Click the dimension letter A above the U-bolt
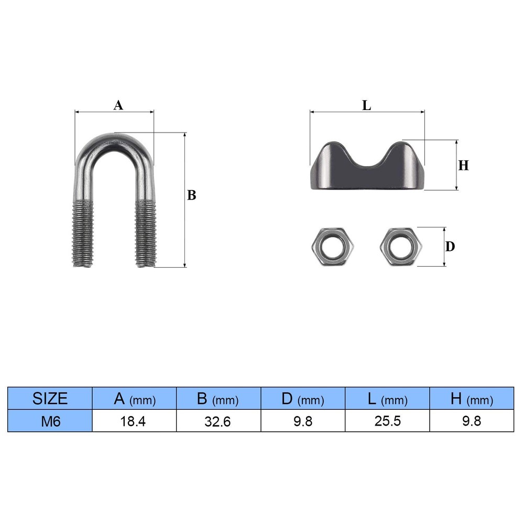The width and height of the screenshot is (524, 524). click(118, 105)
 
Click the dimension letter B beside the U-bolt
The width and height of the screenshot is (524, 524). click(191, 195)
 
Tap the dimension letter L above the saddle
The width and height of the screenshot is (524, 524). click(367, 106)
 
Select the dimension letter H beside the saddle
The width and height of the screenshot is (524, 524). click(464, 166)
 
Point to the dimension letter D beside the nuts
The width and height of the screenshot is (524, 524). click(450, 247)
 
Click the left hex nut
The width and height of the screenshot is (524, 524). click(333, 247)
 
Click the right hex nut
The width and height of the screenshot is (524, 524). click(401, 247)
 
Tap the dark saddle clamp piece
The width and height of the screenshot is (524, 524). click(368, 177)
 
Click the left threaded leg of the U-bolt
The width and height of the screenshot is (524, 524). click(83, 233)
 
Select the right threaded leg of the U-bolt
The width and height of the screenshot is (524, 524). click(146, 233)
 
